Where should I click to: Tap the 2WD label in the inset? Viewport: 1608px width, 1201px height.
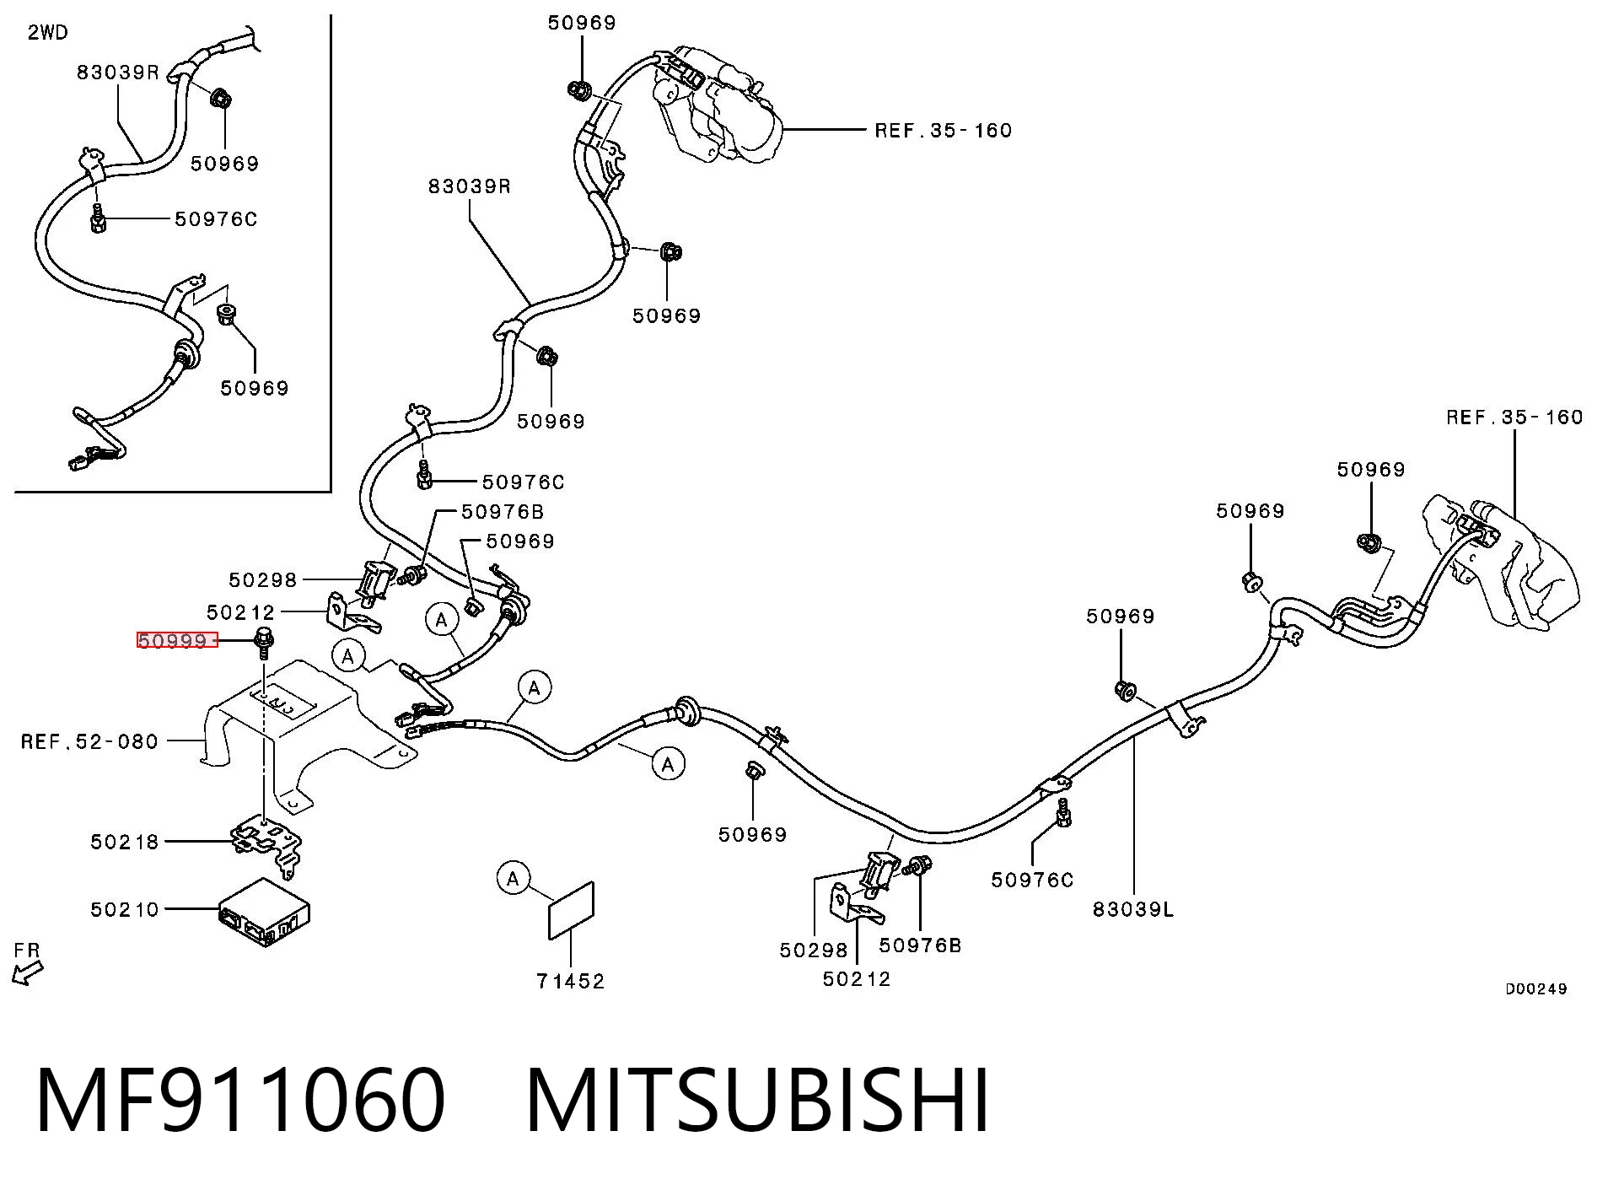point(48,33)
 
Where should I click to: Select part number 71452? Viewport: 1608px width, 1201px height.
point(571,981)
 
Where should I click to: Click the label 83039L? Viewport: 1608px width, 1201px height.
point(1133,908)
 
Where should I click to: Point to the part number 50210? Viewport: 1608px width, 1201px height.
point(125,909)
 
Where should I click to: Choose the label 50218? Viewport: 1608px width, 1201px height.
point(125,842)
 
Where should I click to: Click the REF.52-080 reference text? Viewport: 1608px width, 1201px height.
point(89,741)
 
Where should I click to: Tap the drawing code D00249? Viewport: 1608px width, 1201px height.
point(1536,989)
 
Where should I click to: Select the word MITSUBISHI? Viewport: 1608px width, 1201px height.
point(757,1100)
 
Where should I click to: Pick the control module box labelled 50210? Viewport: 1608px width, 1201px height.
point(264,913)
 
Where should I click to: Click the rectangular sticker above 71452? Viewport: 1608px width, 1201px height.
point(572,910)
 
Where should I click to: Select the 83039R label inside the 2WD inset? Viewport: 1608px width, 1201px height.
point(118,72)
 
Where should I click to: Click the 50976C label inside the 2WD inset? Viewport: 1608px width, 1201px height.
point(216,219)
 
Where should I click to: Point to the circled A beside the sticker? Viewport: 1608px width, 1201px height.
point(513,878)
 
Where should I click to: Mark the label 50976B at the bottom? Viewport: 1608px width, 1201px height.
point(920,945)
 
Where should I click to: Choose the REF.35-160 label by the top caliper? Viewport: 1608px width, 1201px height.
point(943,130)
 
